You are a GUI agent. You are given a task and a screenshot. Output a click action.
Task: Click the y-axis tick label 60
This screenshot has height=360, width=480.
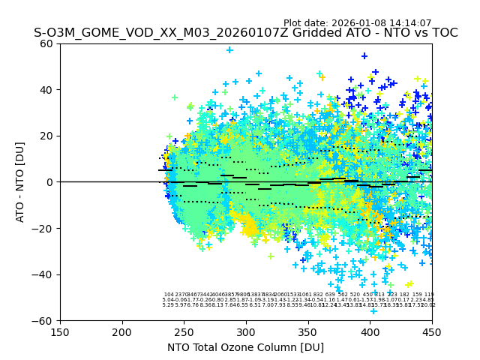coord(47,43)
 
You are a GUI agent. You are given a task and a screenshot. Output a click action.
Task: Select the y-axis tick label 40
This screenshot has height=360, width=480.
coord(47,90)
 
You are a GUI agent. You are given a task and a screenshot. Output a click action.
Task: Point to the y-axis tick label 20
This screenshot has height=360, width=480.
coord(47,136)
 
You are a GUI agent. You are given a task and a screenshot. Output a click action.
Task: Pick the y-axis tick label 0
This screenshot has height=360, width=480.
coord(50,182)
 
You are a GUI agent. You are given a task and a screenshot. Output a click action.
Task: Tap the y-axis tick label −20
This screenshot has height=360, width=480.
coord(44,228)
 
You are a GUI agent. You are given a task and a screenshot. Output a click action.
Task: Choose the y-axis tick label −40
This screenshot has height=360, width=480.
coord(44,274)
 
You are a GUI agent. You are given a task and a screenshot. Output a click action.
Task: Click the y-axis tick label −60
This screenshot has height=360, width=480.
coord(44,320)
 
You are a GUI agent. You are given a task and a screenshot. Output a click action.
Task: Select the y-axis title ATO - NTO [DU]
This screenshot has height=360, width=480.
coord(21,181)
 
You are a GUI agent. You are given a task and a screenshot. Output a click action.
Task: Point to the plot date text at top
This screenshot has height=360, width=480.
coord(357,23)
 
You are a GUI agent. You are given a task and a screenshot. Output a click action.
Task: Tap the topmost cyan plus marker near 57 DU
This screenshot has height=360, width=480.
coord(229,50)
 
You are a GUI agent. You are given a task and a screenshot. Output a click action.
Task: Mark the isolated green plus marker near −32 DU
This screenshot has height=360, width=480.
coord(271,256)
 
